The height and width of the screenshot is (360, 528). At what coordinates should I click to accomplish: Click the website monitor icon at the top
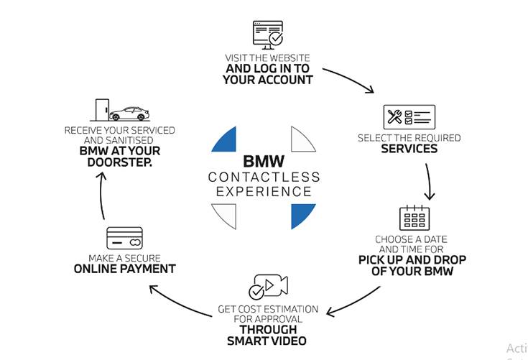[x=267, y=34]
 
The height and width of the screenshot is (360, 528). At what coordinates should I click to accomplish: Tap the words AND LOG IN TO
[x=267, y=68]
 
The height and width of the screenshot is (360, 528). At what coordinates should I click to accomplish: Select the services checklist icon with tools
[x=409, y=117]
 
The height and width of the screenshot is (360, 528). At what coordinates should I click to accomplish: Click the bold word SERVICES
[x=409, y=149]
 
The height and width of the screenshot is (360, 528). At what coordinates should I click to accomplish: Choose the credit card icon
[x=124, y=238]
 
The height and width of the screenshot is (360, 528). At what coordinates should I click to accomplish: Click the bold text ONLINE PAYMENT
[x=124, y=269]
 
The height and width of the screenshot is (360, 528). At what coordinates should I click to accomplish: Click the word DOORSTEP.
[x=120, y=162]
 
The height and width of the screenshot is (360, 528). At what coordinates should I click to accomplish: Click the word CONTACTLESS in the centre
[x=264, y=177]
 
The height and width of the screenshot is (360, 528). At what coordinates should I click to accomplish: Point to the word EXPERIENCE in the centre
[x=264, y=192]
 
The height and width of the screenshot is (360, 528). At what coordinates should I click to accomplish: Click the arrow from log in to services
[x=351, y=80]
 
